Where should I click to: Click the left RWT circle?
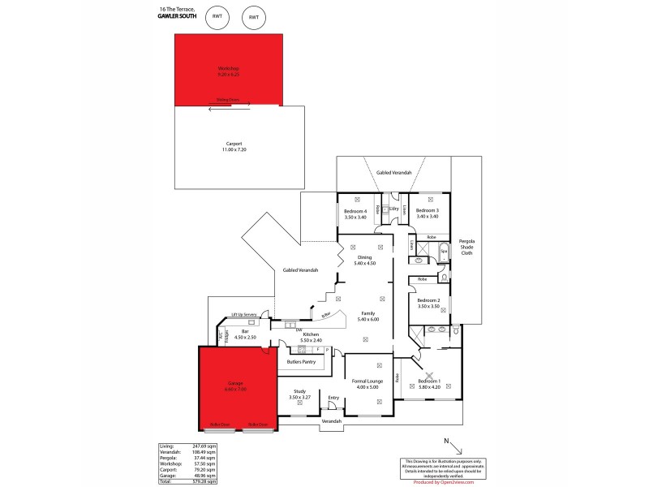coord(217,17)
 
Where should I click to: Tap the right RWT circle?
coord(254,17)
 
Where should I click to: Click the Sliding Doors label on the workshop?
coord(227,100)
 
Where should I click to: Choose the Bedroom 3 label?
coord(427,213)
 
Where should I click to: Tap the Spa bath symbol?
coord(444,252)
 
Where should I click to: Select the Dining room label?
coord(364,260)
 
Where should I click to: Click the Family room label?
coord(367,315)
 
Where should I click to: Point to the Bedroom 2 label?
coord(428,303)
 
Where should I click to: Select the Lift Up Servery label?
coord(244,314)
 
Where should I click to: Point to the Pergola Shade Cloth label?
coord(466,246)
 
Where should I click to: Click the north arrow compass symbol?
coord(454,446)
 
